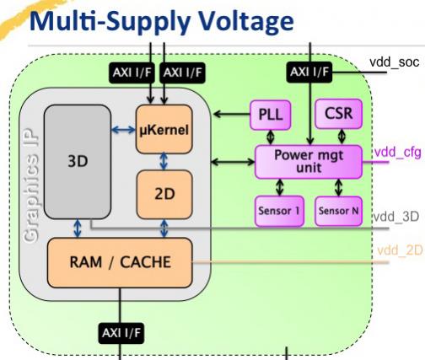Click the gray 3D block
point(78,162)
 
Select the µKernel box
point(164,129)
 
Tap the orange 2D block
point(164,194)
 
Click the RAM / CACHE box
point(120,262)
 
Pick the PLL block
point(270,115)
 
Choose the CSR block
point(338,114)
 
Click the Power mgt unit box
point(309,162)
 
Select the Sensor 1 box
point(279,211)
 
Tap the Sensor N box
point(338,211)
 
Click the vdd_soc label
point(395,62)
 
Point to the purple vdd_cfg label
point(398,153)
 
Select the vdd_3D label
point(395,217)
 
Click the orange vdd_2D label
point(400,250)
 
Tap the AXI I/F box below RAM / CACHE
point(121,333)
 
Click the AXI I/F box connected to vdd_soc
point(309,73)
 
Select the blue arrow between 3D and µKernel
point(124,130)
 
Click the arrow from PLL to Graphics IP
point(232,114)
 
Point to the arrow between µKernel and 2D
point(164,162)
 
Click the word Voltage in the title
point(246,21)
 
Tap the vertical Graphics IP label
point(31,185)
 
